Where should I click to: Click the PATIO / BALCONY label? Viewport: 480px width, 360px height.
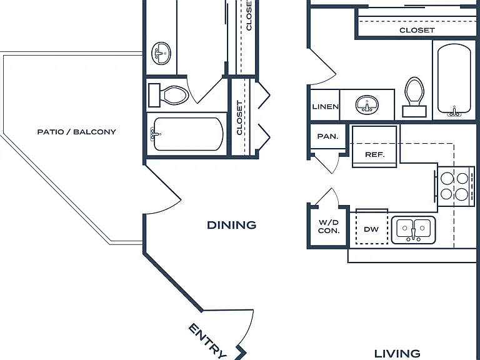(x=76, y=132)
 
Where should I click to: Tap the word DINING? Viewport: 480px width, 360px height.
(x=232, y=225)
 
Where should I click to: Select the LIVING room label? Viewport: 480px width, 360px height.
(x=397, y=354)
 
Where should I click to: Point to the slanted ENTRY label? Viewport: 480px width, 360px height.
(x=208, y=341)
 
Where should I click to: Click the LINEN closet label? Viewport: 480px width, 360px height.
(x=325, y=106)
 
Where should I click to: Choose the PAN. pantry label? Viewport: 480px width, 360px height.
(x=327, y=136)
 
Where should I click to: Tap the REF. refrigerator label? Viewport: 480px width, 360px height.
(x=375, y=154)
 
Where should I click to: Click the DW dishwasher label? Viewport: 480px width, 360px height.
(x=371, y=229)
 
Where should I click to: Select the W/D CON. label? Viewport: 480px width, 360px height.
(x=329, y=226)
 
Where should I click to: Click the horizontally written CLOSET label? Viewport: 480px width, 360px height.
(x=417, y=30)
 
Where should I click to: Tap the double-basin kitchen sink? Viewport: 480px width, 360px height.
(x=414, y=230)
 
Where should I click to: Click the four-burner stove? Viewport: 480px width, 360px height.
(x=454, y=186)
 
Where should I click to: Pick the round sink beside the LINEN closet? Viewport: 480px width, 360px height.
(x=367, y=105)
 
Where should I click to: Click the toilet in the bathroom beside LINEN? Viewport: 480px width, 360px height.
(x=414, y=97)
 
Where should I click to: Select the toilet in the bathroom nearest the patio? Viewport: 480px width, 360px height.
(x=168, y=95)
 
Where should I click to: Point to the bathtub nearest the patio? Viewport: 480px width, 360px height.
(x=187, y=134)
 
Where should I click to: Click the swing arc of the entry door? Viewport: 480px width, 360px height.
(x=249, y=331)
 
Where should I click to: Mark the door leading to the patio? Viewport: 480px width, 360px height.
(x=162, y=189)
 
